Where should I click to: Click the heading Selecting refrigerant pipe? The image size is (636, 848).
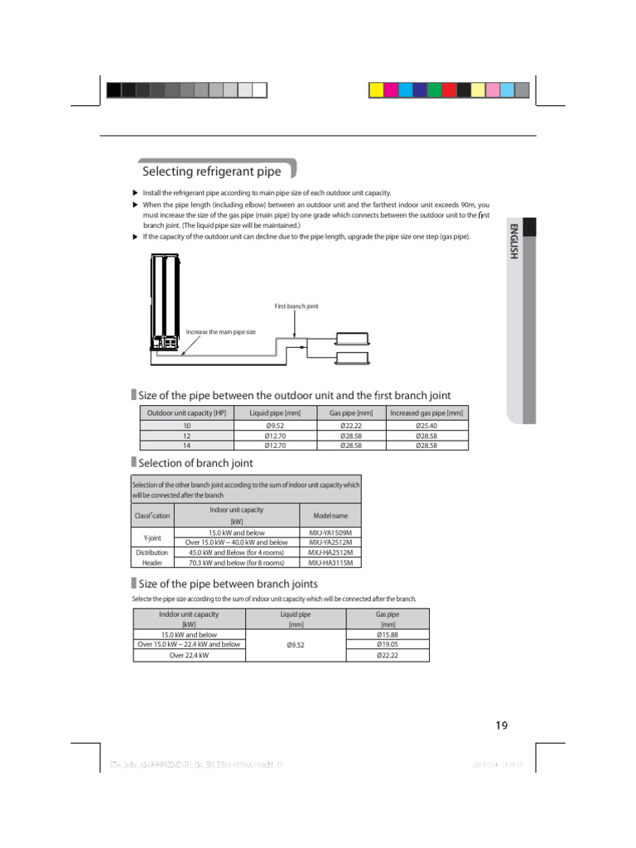(212, 171)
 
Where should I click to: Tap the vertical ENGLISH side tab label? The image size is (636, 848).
(513, 242)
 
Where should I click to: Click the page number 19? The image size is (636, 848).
(501, 725)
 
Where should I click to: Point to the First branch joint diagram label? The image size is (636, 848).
(296, 306)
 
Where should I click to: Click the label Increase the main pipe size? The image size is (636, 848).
(220, 331)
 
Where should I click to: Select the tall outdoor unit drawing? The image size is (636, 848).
(166, 302)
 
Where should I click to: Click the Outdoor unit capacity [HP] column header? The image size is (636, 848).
(186, 412)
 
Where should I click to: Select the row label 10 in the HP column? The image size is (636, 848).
(186, 426)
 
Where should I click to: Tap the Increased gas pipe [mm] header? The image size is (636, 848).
(426, 412)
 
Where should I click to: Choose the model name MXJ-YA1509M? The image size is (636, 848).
(330, 532)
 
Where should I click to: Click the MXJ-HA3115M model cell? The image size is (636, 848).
(330, 562)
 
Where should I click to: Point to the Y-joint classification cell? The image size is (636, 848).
(152, 537)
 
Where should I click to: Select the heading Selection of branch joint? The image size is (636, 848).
(195, 463)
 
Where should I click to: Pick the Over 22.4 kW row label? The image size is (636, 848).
(189, 655)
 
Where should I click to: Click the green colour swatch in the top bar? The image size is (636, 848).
(433, 89)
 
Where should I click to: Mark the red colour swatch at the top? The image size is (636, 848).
(448, 89)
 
